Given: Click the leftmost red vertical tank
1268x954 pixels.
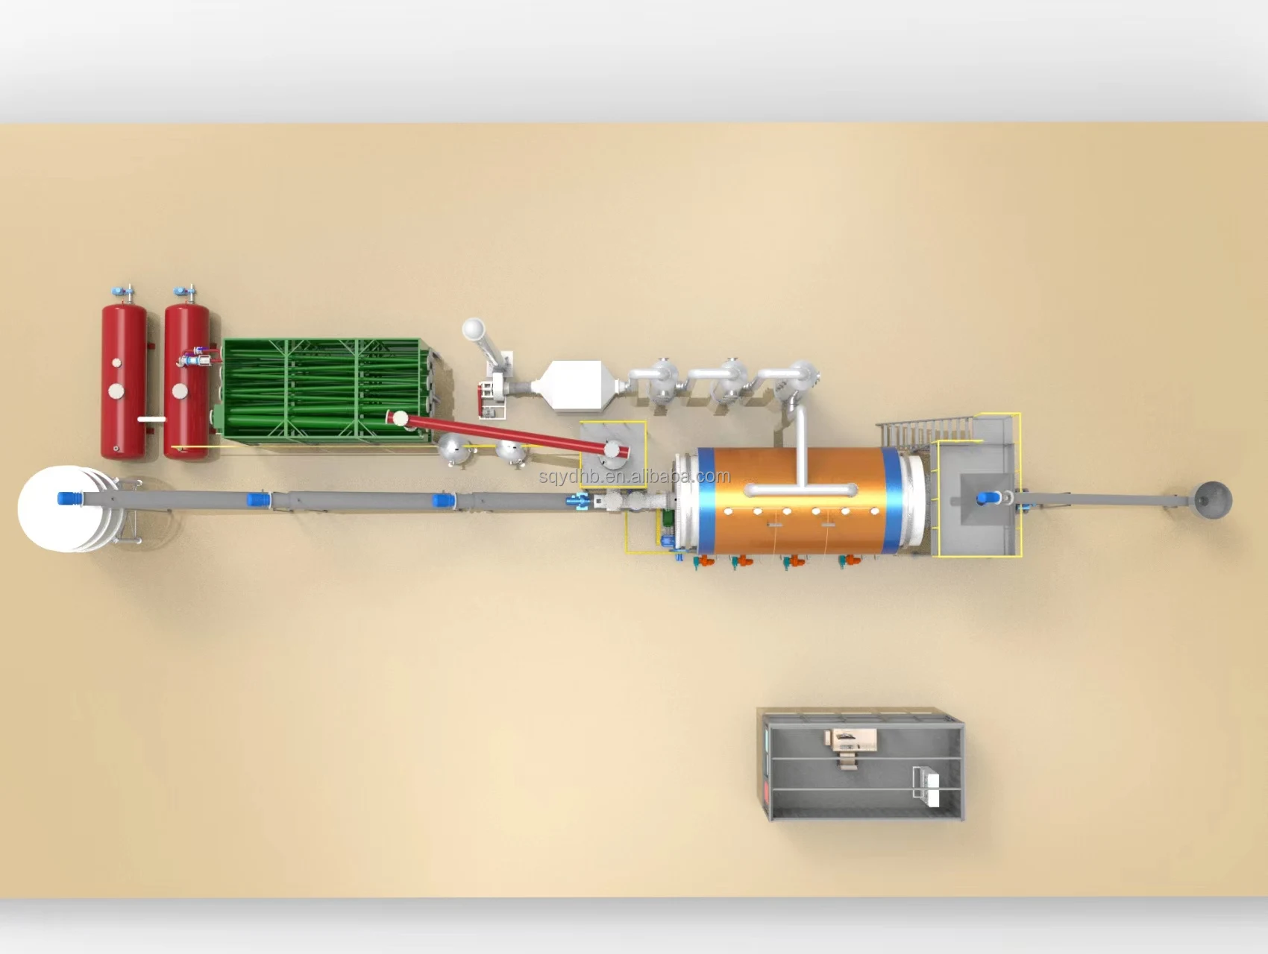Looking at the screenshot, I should tap(124, 380).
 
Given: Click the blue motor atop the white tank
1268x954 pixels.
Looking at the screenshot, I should tap(69, 499).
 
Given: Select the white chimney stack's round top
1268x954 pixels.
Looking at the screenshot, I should tap(473, 329).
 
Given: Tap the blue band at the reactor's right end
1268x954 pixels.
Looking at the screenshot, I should tap(891, 500).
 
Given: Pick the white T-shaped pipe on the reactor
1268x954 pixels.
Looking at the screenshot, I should tap(802, 477).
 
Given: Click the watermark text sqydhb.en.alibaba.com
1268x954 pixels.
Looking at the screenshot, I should tap(635, 477).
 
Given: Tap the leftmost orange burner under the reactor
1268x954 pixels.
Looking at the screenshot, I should tap(703, 563).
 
